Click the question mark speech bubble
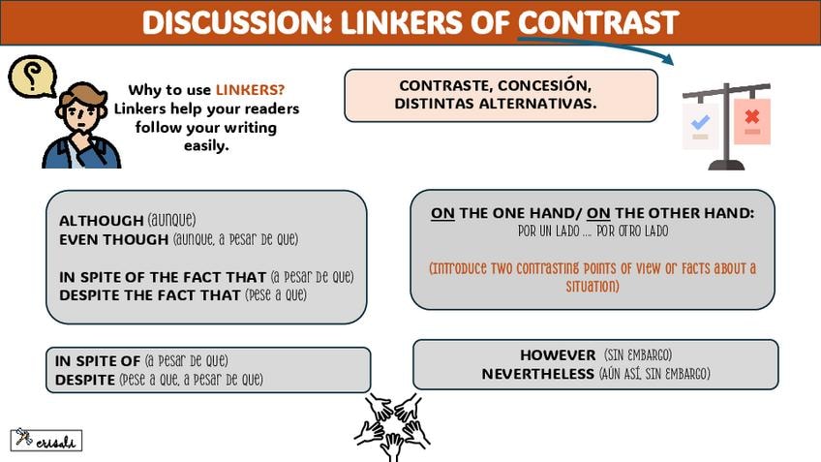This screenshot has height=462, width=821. pos(31,77)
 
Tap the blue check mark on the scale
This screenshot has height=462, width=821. pos(700,123)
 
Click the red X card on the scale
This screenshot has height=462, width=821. pos(752,119)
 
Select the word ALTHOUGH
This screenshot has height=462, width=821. pos(101,220)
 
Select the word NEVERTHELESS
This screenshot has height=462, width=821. pos(537,373)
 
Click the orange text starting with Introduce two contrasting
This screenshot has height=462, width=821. pos(592,277)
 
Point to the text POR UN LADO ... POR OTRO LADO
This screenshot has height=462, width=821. pos(593,232)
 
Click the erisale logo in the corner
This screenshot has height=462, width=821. pos(46,440)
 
